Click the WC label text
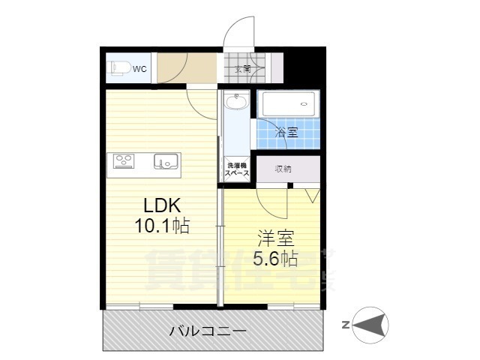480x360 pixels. tap(139, 70)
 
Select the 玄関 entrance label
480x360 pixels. tap(243, 69)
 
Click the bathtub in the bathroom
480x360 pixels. tap(289, 104)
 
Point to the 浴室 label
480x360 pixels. tap(286, 133)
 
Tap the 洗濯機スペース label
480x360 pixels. tap(237, 169)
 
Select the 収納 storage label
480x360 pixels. tap(283, 169)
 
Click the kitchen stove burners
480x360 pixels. tap(123, 160)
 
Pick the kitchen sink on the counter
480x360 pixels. tap(165, 160)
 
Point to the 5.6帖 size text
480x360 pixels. tap(277, 259)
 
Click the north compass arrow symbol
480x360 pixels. tap(372, 324)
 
